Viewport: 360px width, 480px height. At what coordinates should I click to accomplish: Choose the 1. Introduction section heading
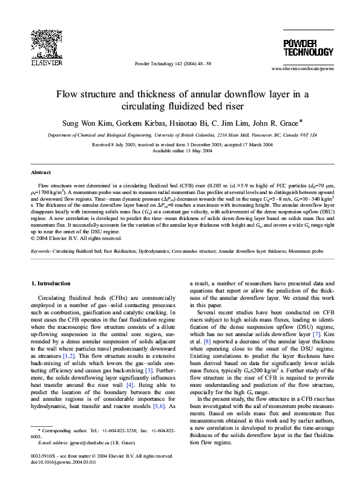pyautogui.click(x=53, y=283)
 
